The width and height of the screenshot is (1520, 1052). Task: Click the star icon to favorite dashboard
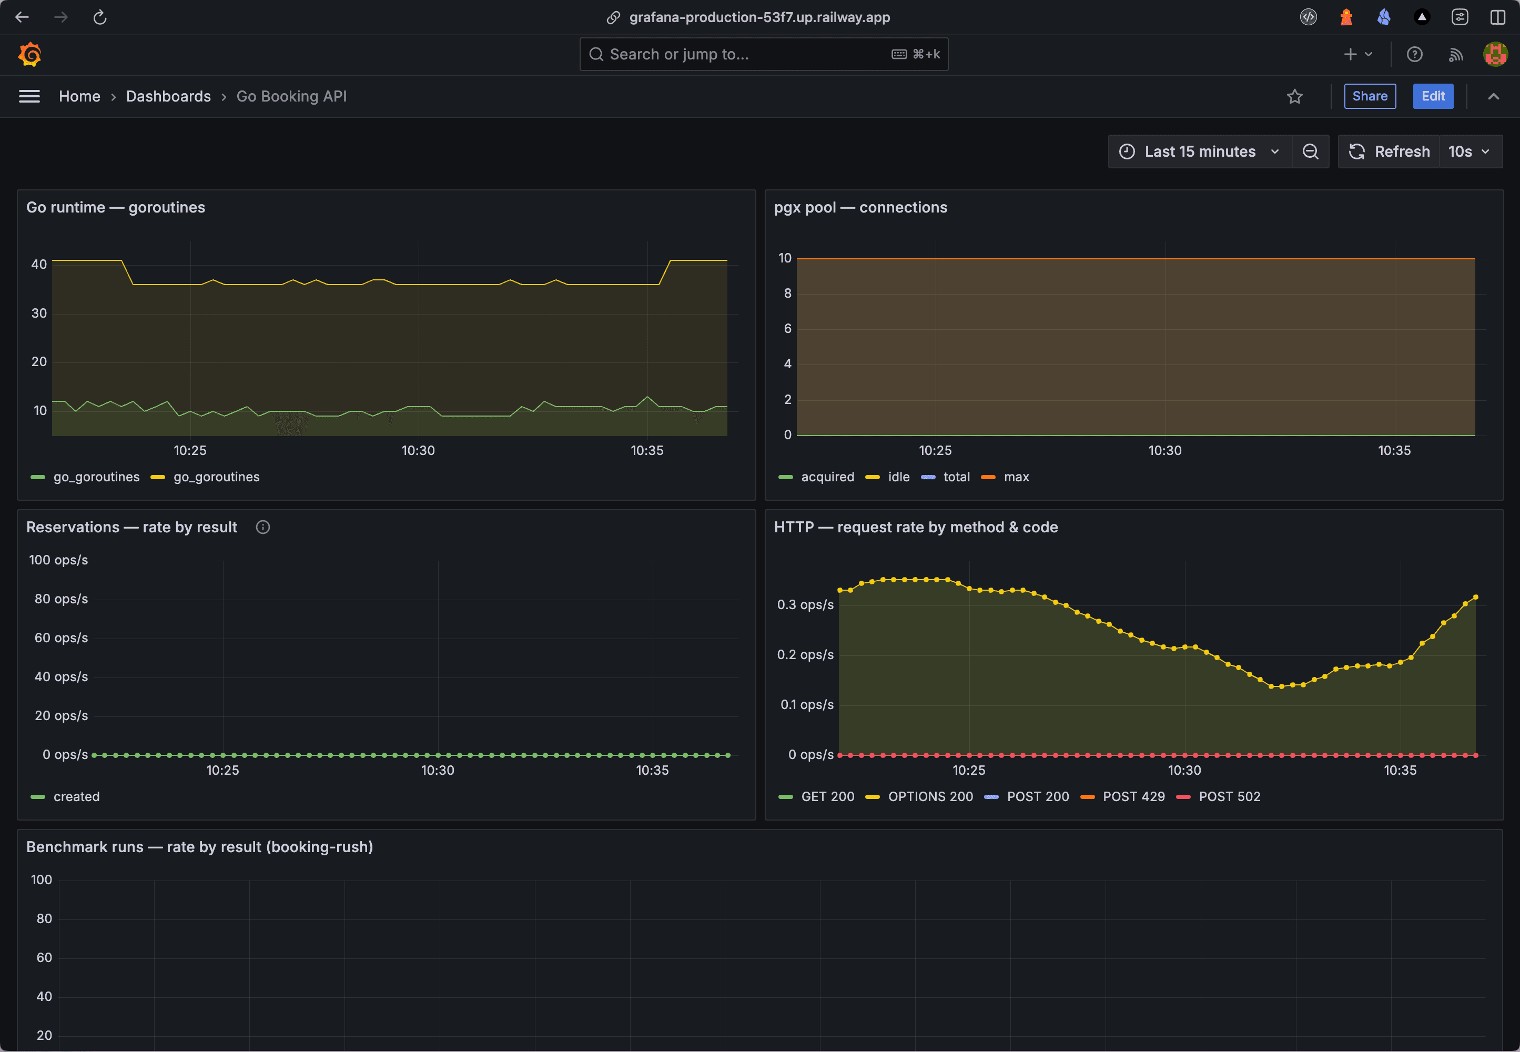coord(1294,97)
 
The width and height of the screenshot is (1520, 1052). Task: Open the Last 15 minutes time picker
coord(1200,151)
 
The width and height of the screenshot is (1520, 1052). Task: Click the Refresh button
coord(1389,151)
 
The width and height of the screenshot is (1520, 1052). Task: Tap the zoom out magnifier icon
coord(1310,151)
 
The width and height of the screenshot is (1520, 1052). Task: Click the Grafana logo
coord(29,54)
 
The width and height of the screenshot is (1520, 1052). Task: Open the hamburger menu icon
coord(29,97)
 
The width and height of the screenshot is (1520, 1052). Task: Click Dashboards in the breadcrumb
coord(168,96)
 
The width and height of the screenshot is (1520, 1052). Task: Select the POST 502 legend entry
coord(1229,796)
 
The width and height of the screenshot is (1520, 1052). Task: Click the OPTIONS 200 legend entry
coord(929,796)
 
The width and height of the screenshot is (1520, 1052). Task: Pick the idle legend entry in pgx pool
coord(898,477)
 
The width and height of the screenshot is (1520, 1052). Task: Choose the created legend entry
coord(76,796)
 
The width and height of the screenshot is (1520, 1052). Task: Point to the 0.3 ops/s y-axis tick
coord(805,604)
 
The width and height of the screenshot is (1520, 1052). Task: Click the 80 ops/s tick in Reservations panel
coord(60,599)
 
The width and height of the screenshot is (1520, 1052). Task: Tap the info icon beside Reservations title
coord(262,528)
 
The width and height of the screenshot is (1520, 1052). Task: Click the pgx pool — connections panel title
coord(860,208)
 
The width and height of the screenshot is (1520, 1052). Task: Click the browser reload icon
coord(100,17)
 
